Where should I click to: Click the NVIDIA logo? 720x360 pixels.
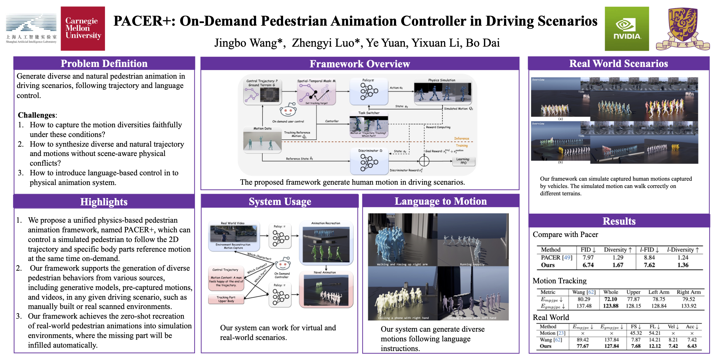[627, 29]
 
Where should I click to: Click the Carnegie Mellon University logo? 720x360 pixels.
[83, 29]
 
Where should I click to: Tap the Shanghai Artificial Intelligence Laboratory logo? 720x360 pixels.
[31, 29]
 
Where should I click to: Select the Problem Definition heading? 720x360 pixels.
[104, 63]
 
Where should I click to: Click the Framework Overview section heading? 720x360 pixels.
[360, 64]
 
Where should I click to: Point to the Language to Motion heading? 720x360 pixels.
[441, 201]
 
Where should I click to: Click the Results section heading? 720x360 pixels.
[619, 221]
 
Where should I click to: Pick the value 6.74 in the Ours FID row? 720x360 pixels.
[588, 265]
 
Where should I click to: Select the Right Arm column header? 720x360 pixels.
[688, 292]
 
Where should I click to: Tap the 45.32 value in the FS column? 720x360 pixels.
[636, 333]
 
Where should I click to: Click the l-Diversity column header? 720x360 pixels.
[683, 250]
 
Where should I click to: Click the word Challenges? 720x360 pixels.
[37, 115]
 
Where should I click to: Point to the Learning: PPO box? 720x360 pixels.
[463, 161]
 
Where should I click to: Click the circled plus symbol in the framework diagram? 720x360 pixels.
[424, 161]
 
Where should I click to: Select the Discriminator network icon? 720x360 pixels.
[369, 162]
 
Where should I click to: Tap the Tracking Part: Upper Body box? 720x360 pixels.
[226, 299]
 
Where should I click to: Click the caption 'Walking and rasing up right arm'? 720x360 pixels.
[402, 264]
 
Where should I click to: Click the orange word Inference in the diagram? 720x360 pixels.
[461, 138]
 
